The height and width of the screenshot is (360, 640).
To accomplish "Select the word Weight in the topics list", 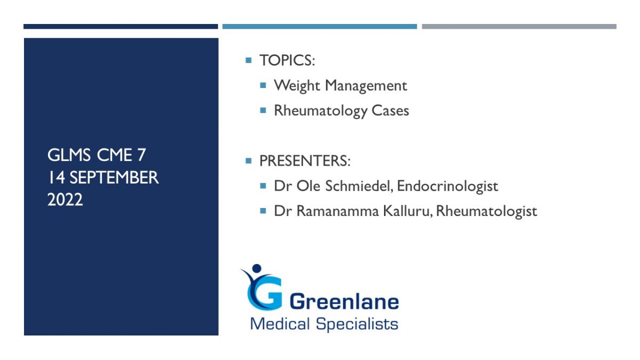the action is click(297, 86).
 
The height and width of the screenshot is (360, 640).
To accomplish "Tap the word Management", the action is click(366, 86).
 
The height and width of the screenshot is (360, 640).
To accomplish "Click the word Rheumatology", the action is click(321, 111).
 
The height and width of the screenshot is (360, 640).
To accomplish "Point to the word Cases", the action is click(390, 111).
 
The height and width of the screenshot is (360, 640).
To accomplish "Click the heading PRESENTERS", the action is click(305, 161).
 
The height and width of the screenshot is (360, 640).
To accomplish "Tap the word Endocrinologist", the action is click(447, 186).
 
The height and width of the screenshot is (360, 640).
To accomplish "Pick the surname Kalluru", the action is click(407, 211).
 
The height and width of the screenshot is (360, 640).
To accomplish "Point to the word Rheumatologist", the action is click(486, 211).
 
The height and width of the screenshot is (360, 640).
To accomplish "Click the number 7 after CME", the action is click(141, 155).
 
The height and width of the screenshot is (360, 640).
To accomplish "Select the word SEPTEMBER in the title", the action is click(114, 178).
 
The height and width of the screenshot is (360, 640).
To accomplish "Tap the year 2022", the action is click(65, 199).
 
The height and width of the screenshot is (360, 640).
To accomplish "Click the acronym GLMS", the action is click(69, 155).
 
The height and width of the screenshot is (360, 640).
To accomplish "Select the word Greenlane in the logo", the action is click(344, 301).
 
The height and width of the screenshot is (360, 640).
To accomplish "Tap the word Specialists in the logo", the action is click(357, 324).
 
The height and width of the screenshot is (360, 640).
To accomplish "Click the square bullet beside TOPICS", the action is click(249, 60).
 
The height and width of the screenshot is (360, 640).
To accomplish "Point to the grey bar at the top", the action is click(519, 27).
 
